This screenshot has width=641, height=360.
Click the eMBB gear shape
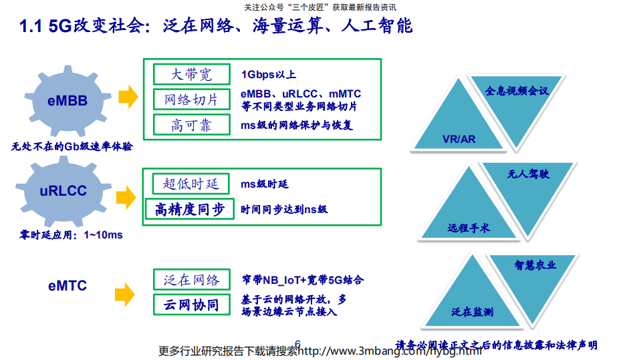pos(68,101)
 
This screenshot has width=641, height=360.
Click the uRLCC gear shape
pos(63,191)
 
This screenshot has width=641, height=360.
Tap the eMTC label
pos(68,286)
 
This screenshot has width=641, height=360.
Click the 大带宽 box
pos(191,74)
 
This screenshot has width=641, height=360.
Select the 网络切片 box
pos(191,100)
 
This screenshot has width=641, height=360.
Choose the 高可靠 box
pos(191,125)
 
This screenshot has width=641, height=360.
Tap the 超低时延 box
pos(191,184)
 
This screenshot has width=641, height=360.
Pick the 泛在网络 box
pos(191,279)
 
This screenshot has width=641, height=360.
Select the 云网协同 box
pos(191,305)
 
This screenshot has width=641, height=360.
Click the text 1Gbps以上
pos(269,74)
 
